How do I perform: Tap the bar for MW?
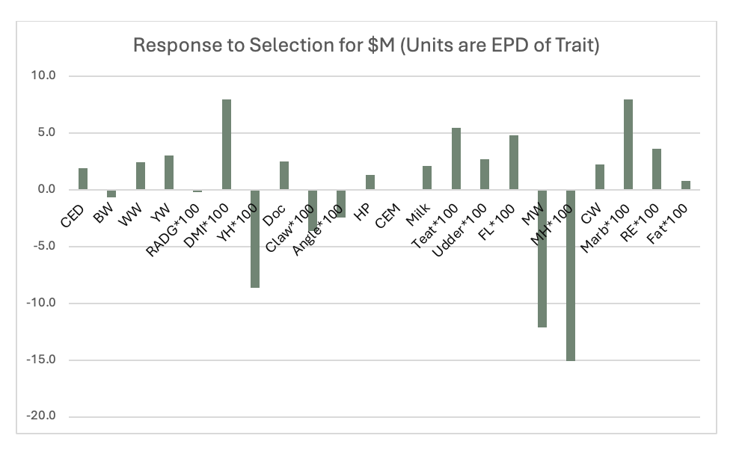542,258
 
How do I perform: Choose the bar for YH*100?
255,238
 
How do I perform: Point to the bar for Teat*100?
456,158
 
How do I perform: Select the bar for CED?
83,179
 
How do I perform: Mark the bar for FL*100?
514,162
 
